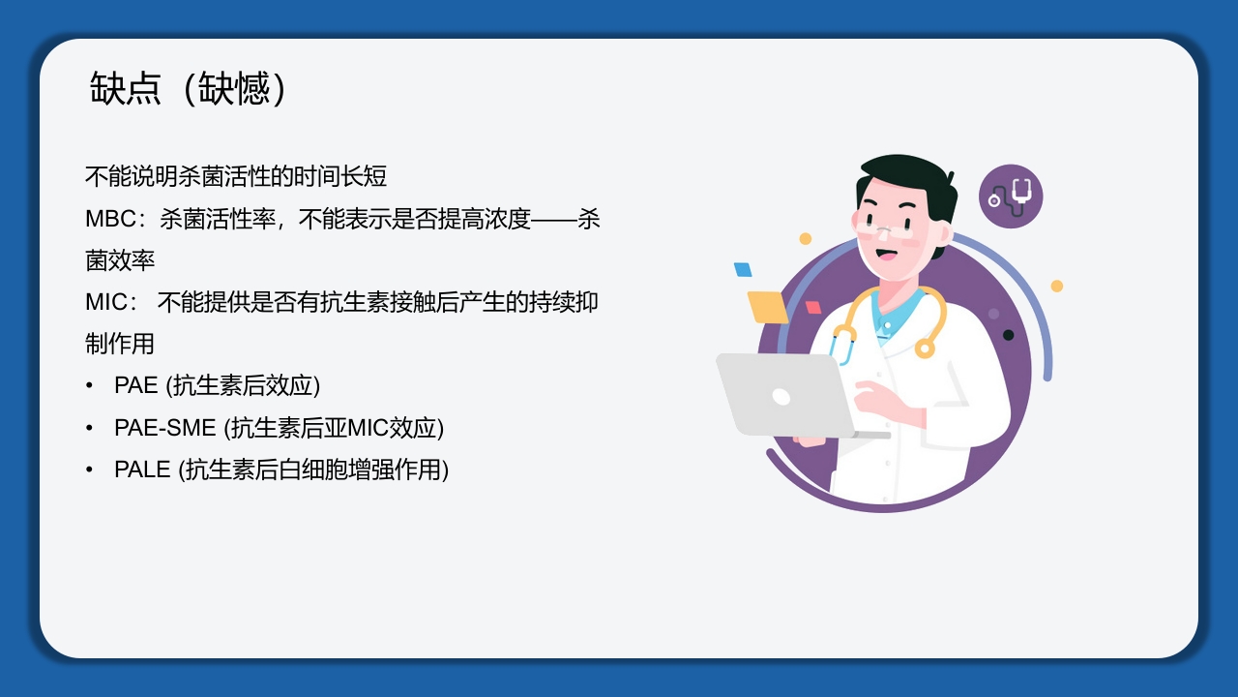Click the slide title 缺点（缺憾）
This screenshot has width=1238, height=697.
[190, 89]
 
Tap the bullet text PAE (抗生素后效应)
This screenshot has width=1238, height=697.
[217, 385]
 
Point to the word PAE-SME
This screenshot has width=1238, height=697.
[164, 427]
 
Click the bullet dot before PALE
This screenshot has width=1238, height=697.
[90, 470]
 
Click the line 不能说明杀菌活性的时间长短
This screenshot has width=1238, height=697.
[236, 176]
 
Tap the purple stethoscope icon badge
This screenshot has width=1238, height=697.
[1011, 197]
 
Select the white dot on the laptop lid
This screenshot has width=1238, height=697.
[781, 397]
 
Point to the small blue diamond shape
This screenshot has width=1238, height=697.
[743, 269]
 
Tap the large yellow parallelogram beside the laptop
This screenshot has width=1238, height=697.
[768, 306]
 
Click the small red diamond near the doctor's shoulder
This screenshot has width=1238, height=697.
[813, 308]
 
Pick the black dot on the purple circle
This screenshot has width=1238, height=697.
[1008, 335]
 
